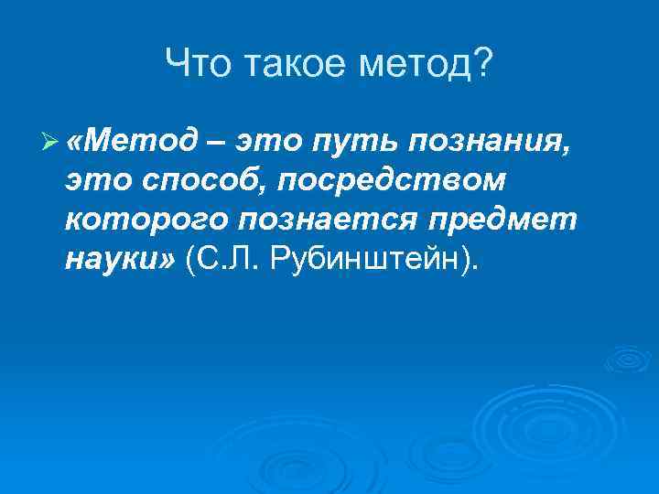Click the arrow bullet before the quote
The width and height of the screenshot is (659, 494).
(51, 141)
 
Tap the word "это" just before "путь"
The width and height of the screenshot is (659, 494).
(269, 140)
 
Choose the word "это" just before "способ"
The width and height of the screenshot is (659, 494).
(99, 181)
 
